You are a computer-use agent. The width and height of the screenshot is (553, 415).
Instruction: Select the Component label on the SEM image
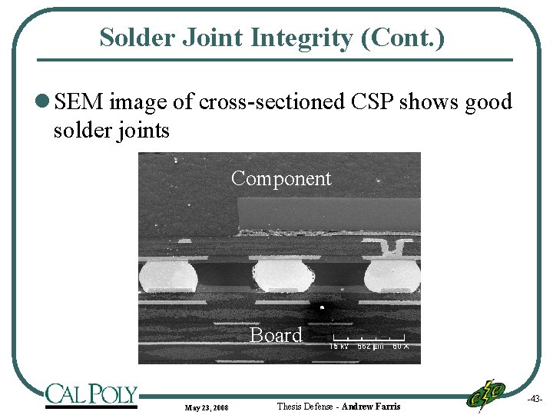pos(281,178)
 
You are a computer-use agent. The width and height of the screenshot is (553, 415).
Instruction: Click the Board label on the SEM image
pos(276,335)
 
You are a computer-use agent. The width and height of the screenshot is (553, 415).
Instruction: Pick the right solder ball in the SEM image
pos(392,275)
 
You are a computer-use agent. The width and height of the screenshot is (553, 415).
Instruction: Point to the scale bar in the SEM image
pos(369,339)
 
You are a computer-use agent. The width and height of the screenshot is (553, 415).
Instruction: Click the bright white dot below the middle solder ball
pos(323,307)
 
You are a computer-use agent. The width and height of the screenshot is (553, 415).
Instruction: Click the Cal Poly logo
pos(91,395)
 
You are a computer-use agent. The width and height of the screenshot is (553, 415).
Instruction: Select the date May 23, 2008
pos(206,407)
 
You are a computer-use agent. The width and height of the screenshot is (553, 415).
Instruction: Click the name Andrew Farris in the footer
pos(371,406)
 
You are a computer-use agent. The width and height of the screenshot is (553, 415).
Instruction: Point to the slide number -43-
pos(535,399)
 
